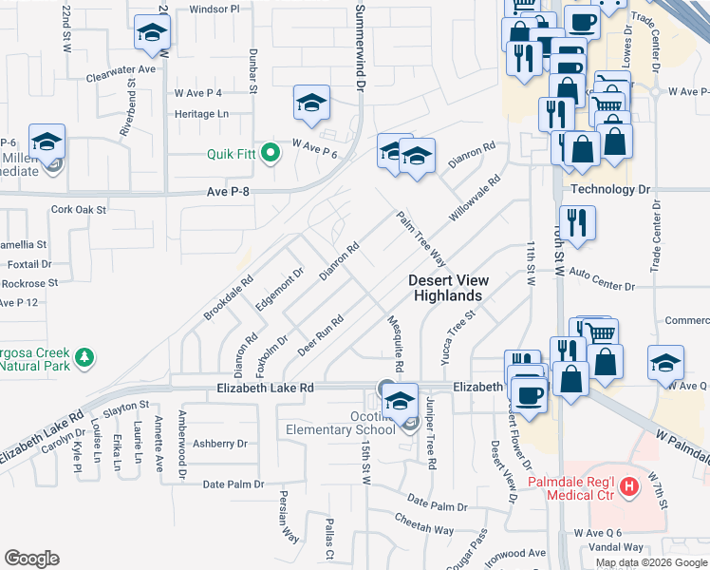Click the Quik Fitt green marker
[x=271, y=153]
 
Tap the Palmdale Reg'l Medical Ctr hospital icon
[x=628, y=488]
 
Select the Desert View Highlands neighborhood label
[x=448, y=288]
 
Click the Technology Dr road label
[x=616, y=189]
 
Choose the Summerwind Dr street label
[x=360, y=46]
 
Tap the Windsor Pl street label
[x=215, y=8]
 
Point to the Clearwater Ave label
[x=120, y=70]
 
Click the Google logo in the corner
[x=32, y=559]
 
